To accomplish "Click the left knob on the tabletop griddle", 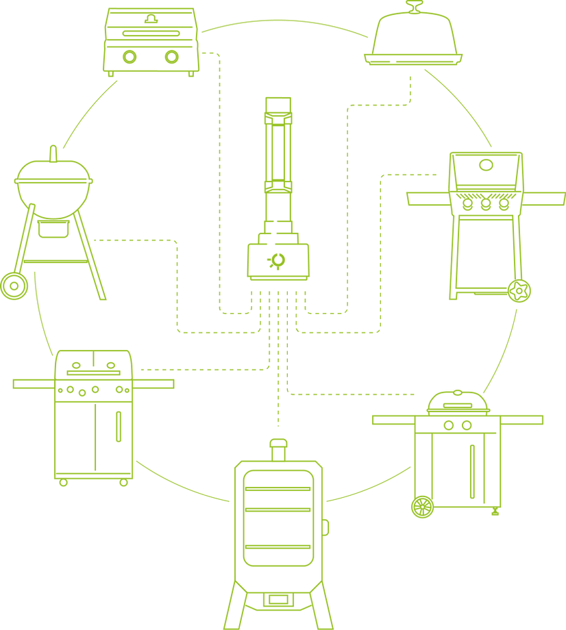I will coord(127,57).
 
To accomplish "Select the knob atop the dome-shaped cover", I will coord(413,8).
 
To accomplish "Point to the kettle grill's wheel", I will coord(14,286).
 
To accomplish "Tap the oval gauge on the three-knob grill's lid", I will coord(486,165).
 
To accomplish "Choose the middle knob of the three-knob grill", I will coord(486,204).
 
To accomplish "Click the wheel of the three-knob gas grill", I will coord(520,291).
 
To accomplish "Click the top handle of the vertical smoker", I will coord(277,449).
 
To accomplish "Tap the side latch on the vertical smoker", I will coord(326,527).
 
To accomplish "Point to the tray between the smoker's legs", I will coord(277,601).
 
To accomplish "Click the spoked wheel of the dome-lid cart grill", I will coord(422,507).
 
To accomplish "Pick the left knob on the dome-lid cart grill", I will coord(449,425).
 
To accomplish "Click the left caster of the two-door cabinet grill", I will coord(63,482).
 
